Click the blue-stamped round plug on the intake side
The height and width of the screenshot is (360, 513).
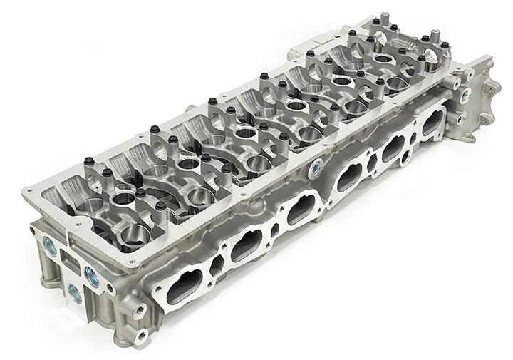click(x=314, y=170)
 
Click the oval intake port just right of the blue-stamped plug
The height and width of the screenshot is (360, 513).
click(x=348, y=175)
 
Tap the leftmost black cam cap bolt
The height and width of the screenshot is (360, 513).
click(x=89, y=161)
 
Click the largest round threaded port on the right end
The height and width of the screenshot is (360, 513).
click(x=466, y=94)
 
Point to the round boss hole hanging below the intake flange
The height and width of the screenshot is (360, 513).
click(x=405, y=155)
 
